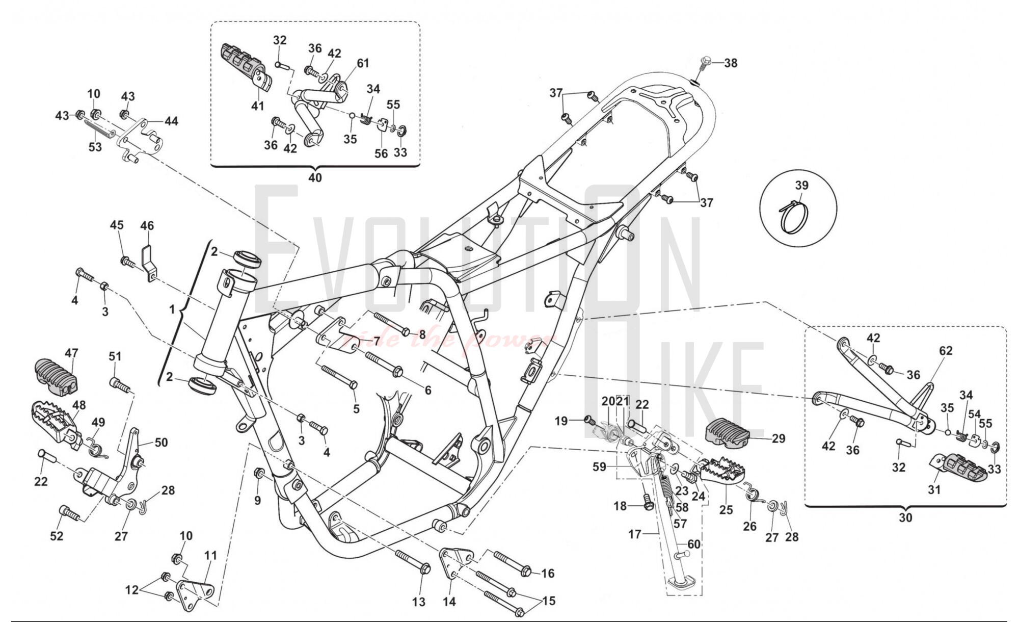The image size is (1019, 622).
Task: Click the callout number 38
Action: point(731,63)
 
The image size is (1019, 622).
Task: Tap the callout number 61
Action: point(363,63)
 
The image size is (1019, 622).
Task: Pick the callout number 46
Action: point(147,225)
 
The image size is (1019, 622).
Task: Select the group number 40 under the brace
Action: point(315,177)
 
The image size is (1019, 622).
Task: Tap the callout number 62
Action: point(946,351)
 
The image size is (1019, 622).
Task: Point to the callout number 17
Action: point(634,534)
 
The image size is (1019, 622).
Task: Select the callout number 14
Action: point(449,602)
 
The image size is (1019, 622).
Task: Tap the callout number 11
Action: point(210,555)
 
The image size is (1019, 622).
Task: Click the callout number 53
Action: point(95,147)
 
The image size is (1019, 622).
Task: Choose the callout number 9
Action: point(257,501)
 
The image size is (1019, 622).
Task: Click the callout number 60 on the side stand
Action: point(693,544)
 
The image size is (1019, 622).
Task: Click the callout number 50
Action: point(161,443)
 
